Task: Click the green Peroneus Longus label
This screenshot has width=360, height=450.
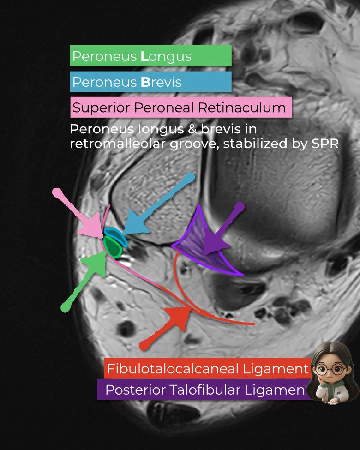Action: (x=150, y=56)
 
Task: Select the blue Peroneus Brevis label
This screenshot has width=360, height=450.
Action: (x=150, y=82)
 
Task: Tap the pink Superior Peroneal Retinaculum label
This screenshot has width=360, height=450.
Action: (x=180, y=108)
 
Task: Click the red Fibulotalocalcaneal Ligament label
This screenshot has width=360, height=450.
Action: (x=207, y=368)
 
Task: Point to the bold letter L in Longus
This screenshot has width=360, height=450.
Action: (x=145, y=56)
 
